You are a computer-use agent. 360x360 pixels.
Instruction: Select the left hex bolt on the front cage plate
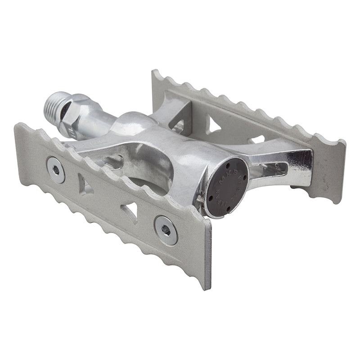[56, 169]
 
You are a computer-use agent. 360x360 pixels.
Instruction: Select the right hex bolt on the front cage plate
[166, 230]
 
